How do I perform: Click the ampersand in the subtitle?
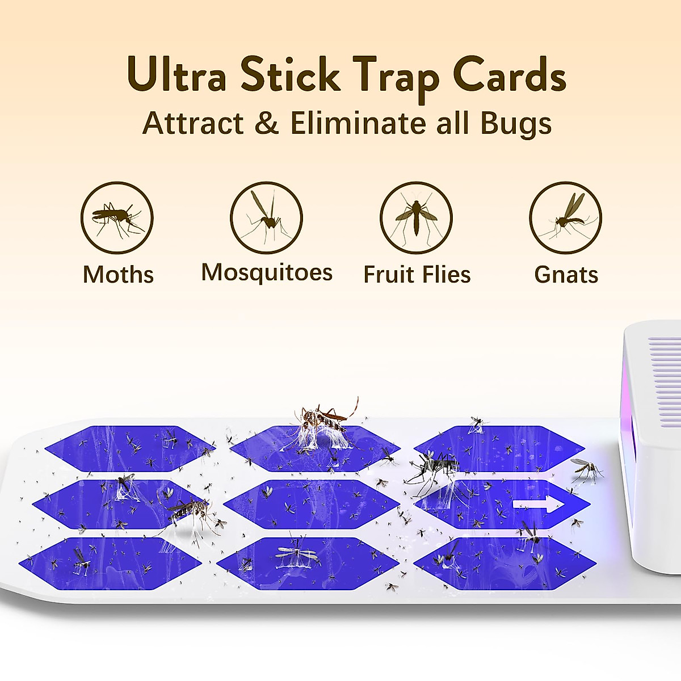pos(267,123)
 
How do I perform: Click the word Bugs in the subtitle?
pos(516,123)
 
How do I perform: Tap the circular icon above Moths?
pos(117,217)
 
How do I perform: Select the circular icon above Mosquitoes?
pos(266,217)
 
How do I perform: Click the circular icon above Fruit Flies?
pos(416,217)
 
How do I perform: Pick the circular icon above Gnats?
pos(565,217)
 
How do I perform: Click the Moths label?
pos(118,275)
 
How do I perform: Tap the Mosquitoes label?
pos(267,273)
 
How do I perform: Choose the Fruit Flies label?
pos(417,275)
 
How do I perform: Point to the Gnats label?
pos(566,275)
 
